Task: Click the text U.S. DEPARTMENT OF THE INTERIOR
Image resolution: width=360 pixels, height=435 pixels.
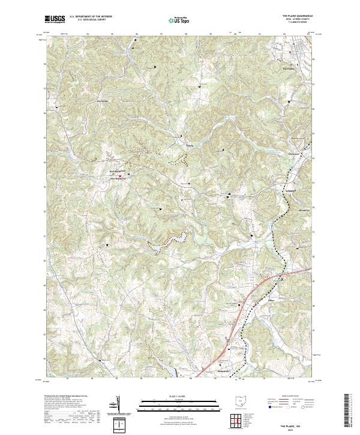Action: click(x=92, y=17)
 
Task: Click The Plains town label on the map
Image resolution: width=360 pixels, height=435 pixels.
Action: click(x=288, y=68)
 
